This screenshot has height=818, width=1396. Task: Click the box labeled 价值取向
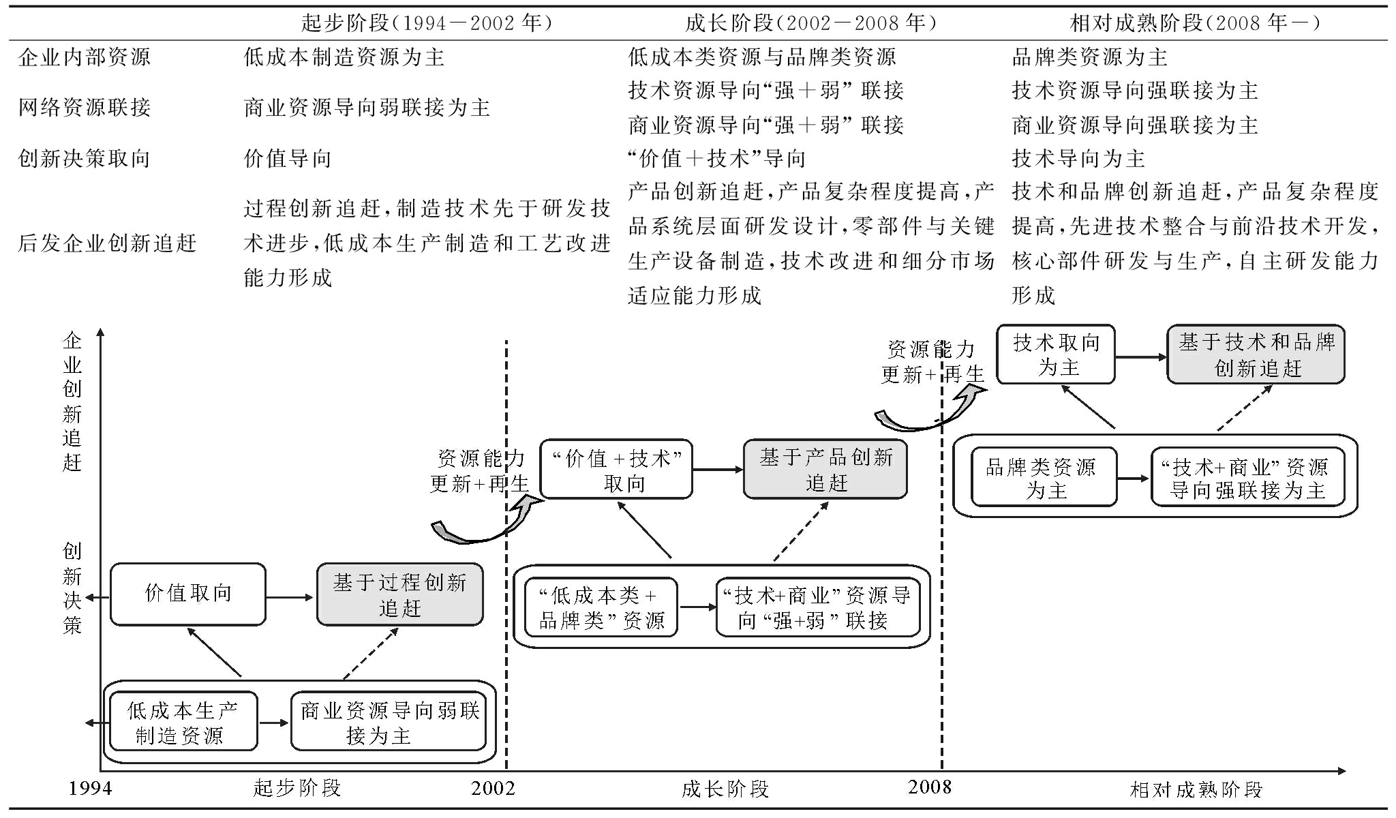coord(187,594)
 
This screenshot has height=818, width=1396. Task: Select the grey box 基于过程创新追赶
coord(400,594)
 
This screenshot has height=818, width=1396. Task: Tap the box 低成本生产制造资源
coord(183,721)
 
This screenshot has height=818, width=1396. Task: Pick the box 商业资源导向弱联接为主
coord(389,721)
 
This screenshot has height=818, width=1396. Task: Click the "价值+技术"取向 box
coord(616,470)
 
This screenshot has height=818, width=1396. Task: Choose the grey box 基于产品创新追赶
coord(825,469)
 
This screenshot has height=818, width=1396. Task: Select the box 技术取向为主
coord(1056,354)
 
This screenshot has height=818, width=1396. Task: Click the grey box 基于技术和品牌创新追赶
coord(1256,354)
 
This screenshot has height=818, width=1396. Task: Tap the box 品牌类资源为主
coord(1044,477)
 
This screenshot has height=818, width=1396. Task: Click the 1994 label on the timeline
coord(90,789)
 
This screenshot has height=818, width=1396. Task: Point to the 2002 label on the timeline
coord(493,789)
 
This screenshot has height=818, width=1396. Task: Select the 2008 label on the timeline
coord(929,787)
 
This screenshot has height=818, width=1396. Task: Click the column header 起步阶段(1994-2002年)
coord(427,24)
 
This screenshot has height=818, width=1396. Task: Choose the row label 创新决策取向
coord(84,159)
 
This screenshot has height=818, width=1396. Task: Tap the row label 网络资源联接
coord(84,107)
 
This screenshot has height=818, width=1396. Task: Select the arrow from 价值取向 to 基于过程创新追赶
coord(290,598)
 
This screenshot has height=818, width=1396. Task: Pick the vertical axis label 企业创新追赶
coord(72,402)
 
